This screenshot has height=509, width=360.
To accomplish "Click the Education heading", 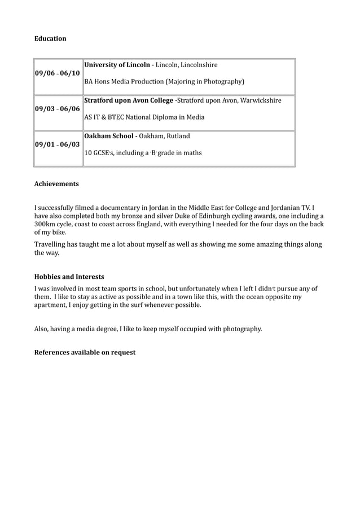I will pyautogui.click(x=50, y=38).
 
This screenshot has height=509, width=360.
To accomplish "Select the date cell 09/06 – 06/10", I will pyautogui.click(x=58, y=73).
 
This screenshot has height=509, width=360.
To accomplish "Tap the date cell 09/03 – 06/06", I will pyautogui.click(x=58, y=109).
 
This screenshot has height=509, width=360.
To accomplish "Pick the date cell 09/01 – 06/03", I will pyautogui.click(x=58, y=144).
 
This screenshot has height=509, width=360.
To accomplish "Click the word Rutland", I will pyautogui.click(x=177, y=136).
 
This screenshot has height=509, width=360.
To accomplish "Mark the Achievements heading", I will pyautogui.click(x=56, y=184).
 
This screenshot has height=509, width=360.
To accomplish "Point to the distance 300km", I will pyautogui.click(x=46, y=224).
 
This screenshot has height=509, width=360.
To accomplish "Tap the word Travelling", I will pyautogui.click(x=51, y=245).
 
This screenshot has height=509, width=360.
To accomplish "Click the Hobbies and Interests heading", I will pyautogui.click(x=69, y=277).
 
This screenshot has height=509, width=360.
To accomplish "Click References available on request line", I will pyautogui.click(x=85, y=353).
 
